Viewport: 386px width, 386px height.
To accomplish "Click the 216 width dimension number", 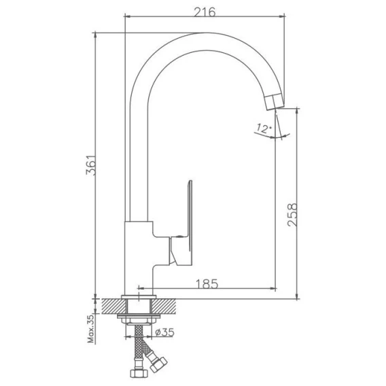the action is tap(205, 12).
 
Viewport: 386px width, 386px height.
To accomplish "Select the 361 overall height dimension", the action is tap(90, 165).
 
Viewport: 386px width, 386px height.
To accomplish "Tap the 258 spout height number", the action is tap(293, 215).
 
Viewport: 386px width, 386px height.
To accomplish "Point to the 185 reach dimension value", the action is tap(207, 283).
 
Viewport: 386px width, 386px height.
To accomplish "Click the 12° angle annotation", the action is tap(264, 128).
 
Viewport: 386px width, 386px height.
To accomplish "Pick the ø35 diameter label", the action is tap(164, 332).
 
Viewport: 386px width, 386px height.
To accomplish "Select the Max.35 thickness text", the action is tap(91, 329).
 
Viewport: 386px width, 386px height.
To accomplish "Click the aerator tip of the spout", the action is tap(275, 101).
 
